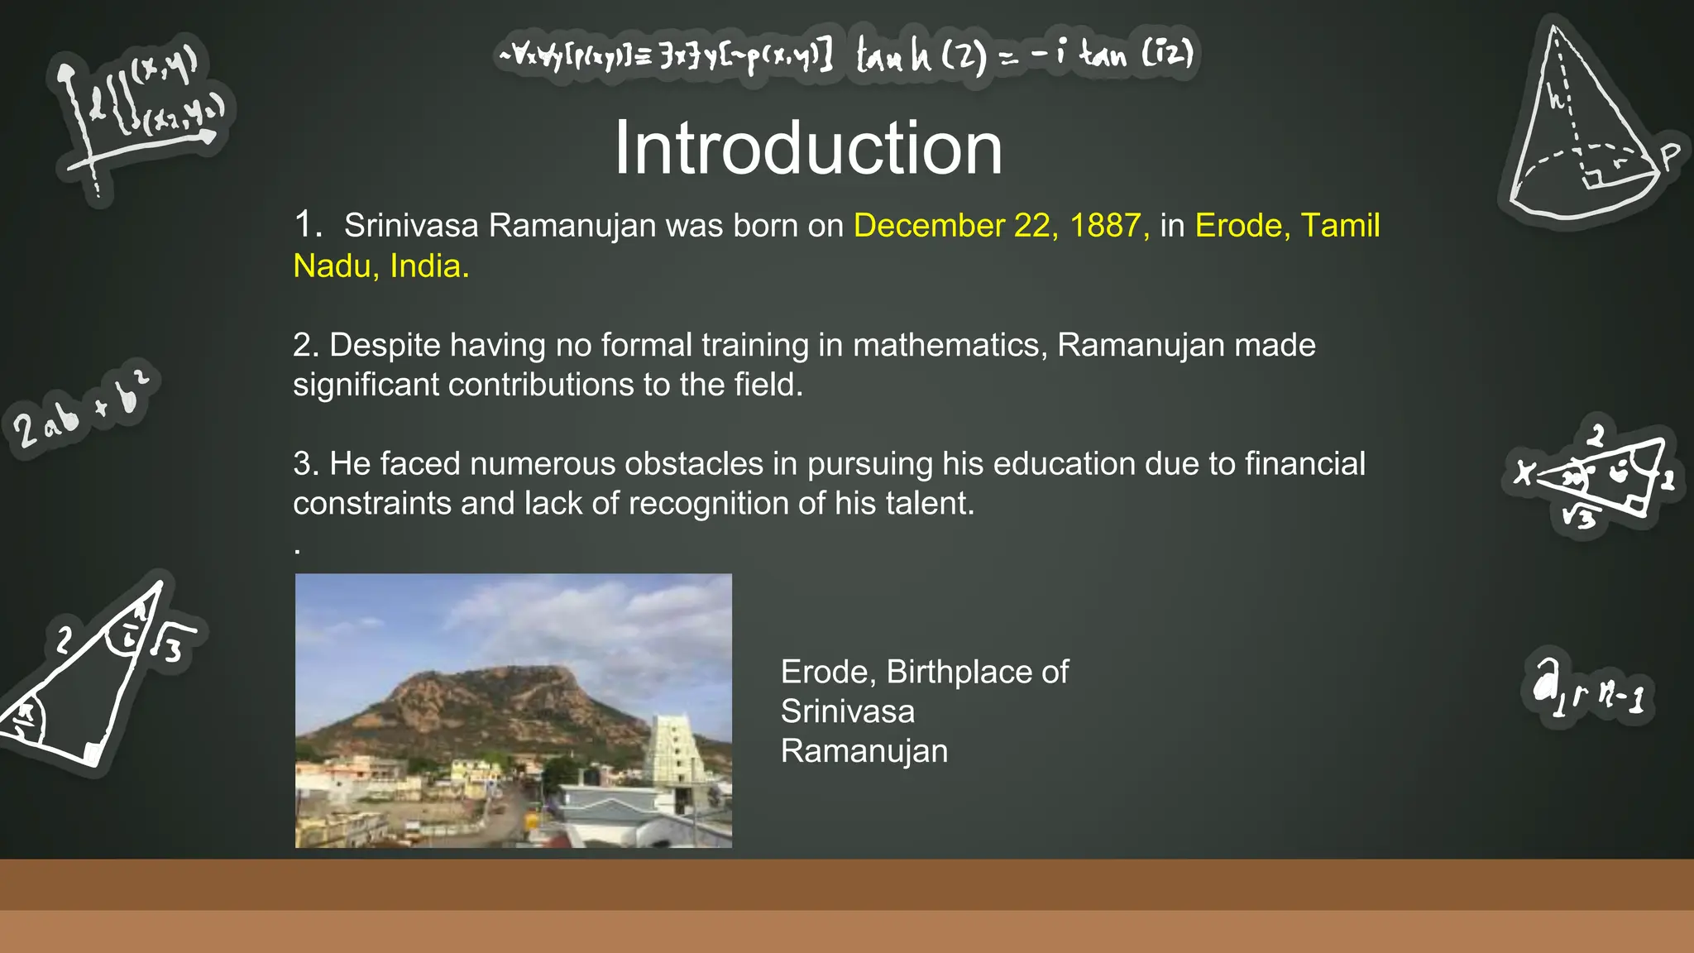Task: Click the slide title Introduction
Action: (808, 148)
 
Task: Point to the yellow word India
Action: (428, 266)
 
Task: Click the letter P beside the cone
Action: (1670, 155)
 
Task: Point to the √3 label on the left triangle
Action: (170, 645)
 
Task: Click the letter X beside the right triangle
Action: (1524, 473)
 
